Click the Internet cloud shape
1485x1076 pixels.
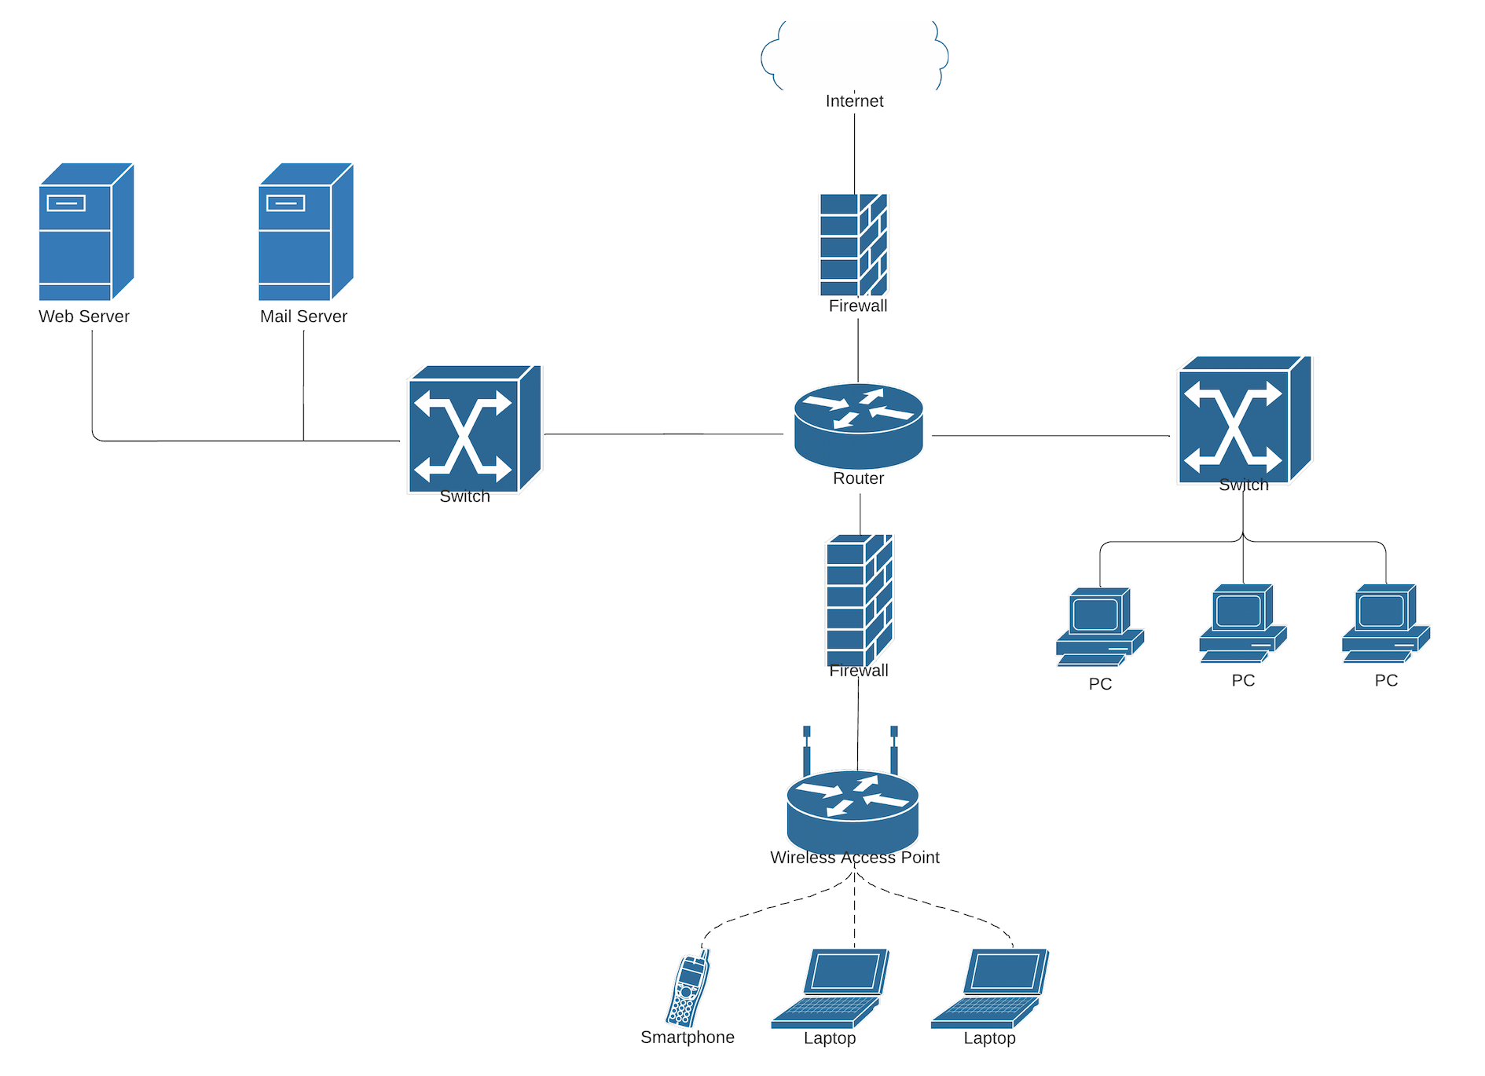(x=855, y=55)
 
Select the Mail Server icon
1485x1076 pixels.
(x=305, y=232)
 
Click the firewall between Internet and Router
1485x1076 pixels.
(x=853, y=245)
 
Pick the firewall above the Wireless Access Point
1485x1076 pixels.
(x=859, y=600)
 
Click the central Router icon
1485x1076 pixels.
(x=858, y=426)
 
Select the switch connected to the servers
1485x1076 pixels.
(x=474, y=429)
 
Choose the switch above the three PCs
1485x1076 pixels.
(x=1244, y=420)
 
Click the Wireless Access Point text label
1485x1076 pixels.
(x=854, y=858)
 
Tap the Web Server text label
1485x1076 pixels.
(x=84, y=317)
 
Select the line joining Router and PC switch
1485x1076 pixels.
(x=1050, y=435)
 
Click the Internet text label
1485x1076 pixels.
(x=854, y=101)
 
